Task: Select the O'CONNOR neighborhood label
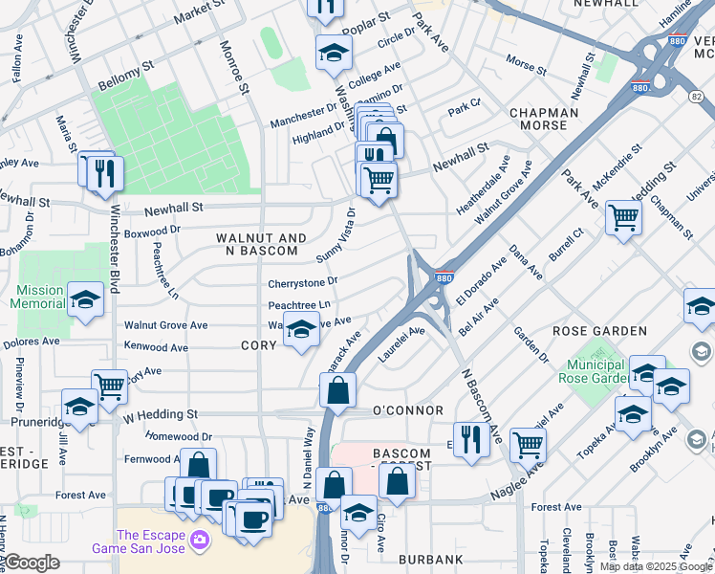click(407, 410)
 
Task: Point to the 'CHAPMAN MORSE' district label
click(544, 120)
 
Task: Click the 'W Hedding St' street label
click(160, 415)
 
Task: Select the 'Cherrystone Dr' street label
click(303, 282)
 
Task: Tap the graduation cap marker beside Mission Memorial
click(85, 300)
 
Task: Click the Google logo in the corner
click(32, 563)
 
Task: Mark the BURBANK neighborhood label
click(431, 559)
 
